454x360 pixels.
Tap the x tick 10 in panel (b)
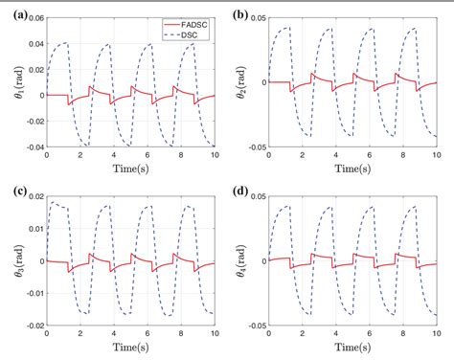440,157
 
